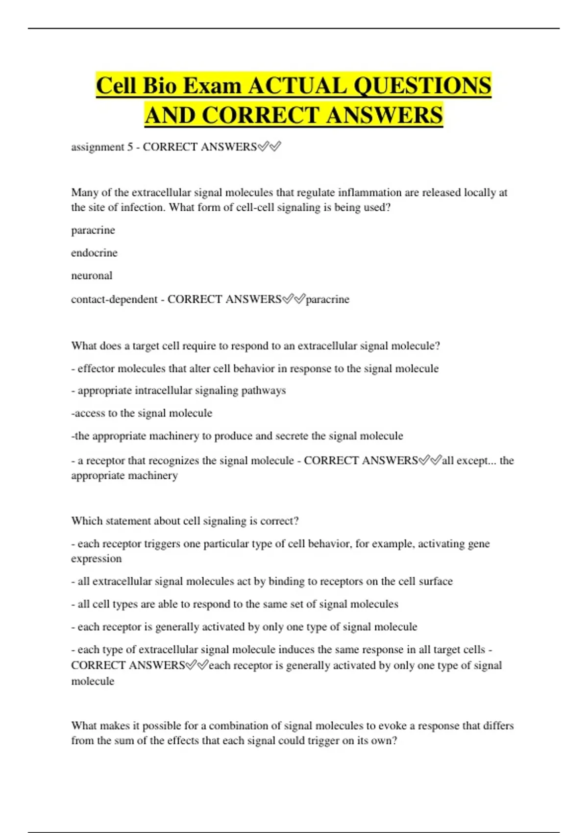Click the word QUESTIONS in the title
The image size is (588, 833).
422,86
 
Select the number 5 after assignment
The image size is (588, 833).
130,147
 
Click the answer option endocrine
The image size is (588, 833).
94,253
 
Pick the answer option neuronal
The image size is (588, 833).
92,275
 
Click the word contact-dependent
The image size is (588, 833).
114,299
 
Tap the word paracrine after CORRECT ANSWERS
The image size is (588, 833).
327,299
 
